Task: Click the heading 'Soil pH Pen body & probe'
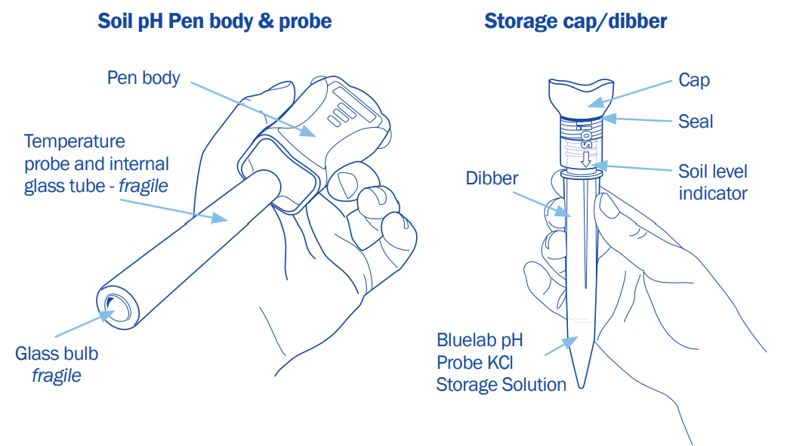(x=214, y=20)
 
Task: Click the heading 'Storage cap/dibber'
(x=575, y=20)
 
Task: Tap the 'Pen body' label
(x=143, y=77)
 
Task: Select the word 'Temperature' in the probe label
(x=75, y=141)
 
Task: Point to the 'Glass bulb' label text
(x=57, y=353)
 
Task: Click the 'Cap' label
(x=694, y=79)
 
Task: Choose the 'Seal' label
(x=696, y=121)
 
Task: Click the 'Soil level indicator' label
(x=712, y=182)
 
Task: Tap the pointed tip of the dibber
(x=581, y=383)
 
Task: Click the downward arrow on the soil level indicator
(x=585, y=160)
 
